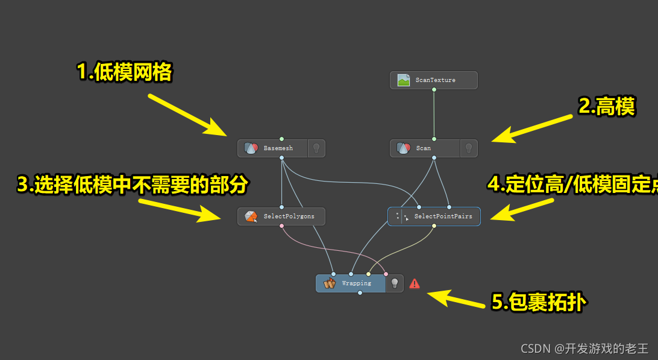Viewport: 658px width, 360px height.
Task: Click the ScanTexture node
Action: (434, 80)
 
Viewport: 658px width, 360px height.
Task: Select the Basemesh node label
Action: (278, 148)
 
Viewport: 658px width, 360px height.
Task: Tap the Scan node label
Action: (424, 148)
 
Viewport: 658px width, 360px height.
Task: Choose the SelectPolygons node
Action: (281, 216)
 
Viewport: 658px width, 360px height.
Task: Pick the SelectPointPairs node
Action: (434, 216)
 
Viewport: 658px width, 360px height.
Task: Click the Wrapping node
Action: (351, 283)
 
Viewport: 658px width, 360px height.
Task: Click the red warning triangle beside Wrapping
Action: (415, 283)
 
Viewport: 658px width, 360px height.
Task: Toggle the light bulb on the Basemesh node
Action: (316, 148)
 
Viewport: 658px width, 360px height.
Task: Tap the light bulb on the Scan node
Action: (468, 148)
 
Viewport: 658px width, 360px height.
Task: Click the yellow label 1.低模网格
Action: (125, 72)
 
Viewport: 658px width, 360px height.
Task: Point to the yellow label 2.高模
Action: (606, 107)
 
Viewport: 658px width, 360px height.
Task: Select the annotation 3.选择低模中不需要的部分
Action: (132, 185)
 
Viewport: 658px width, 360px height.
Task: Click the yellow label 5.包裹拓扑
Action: (537, 302)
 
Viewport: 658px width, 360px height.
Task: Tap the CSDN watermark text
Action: (584, 348)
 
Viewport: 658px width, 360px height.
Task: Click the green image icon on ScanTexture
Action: (404, 80)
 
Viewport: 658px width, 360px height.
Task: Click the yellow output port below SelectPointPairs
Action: (434, 226)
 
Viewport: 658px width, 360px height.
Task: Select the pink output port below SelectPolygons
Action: (281, 226)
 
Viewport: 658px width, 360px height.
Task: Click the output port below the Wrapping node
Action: (360, 293)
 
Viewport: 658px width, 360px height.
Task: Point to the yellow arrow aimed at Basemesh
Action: (186, 114)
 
